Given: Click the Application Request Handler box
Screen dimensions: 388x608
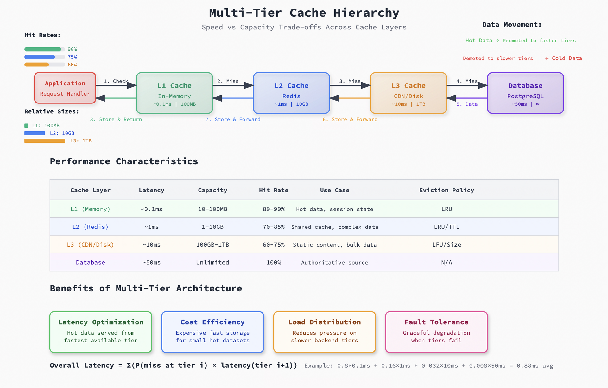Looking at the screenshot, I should (x=65, y=88).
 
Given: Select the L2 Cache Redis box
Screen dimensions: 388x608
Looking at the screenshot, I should (x=291, y=93).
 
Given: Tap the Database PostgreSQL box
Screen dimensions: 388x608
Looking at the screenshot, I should (x=525, y=93).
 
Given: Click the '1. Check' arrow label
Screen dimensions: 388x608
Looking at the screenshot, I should (x=116, y=81).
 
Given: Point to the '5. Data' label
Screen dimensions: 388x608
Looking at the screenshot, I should (x=467, y=104).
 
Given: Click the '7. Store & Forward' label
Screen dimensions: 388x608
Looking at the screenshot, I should (x=233, y=119).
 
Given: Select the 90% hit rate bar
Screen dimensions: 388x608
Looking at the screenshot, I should (x=43, y=49).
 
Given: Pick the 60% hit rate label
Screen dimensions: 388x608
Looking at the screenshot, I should (x=72, y=65).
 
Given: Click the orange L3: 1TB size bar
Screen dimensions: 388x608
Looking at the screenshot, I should (x=45, y=141).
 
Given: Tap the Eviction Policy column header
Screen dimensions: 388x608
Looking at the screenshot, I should (x=446, y=190).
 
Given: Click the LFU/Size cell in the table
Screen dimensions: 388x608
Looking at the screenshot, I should (x=446, y=245).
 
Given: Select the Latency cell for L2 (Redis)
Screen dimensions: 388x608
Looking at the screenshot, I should (x=151, y=227).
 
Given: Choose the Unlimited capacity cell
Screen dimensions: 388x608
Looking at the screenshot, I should (x=212, y=262).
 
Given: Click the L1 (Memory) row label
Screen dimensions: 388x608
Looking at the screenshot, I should (x=90, y=209).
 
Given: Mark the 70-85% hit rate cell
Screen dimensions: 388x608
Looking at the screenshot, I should (x=274, y=227).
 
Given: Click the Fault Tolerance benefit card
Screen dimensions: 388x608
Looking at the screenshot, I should (x=436, y=332).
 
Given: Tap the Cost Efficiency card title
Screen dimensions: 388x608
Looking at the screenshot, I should (x=212, y=322).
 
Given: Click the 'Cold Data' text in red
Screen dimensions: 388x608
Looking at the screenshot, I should (x=567, y=58).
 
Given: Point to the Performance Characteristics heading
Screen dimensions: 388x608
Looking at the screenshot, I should (x=124, y=161).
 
